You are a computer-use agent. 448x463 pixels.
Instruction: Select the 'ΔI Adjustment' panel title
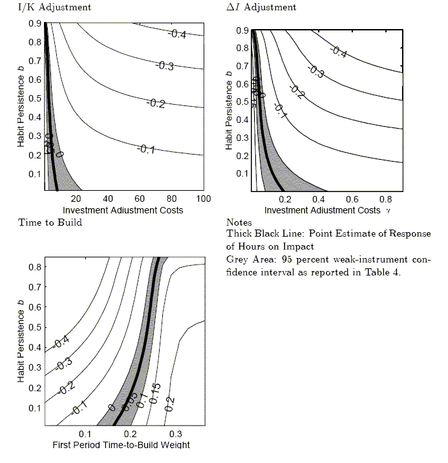[262, 7]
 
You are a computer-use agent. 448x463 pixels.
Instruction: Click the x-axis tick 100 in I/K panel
[203, 199]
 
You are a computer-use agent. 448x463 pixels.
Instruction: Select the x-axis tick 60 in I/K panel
[140, 199]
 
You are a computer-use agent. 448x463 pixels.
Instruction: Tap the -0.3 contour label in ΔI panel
[316, 73]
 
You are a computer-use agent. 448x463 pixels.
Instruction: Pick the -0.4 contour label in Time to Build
[62, 340]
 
